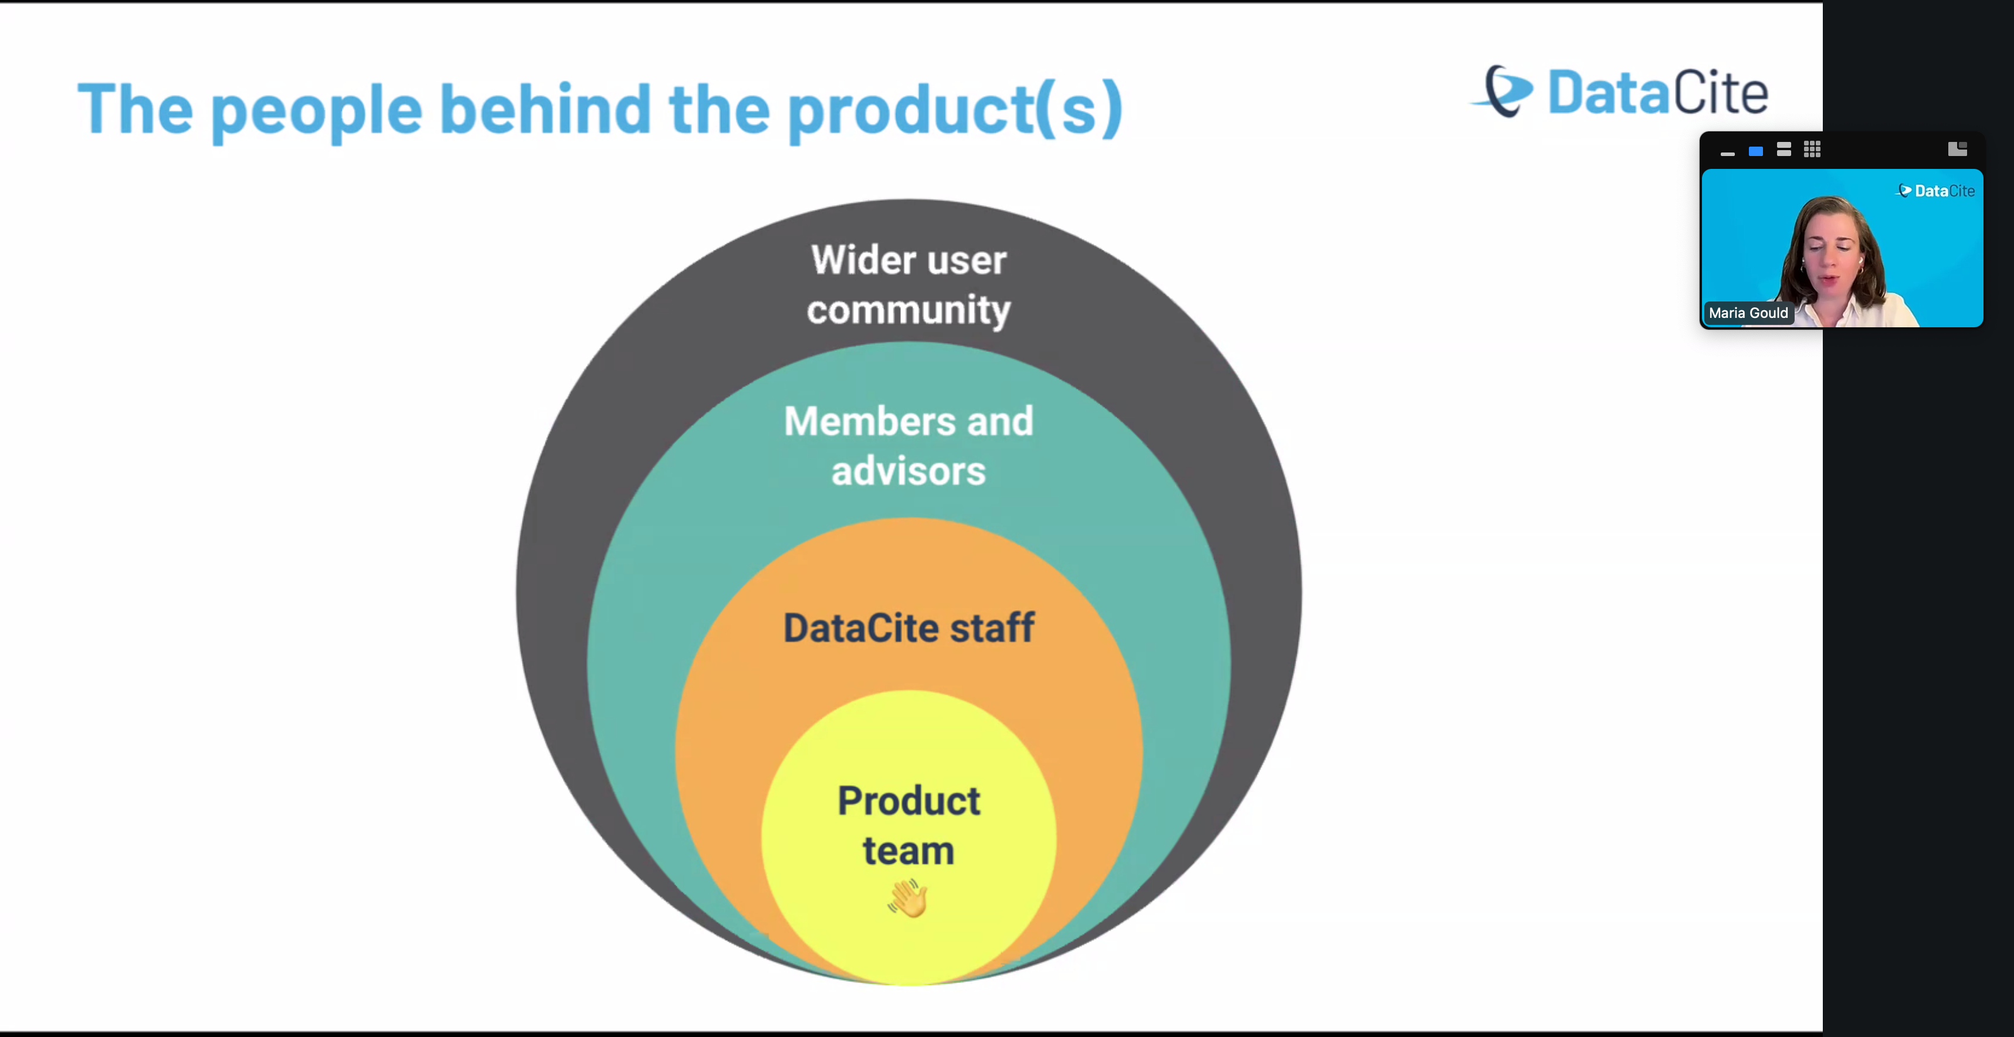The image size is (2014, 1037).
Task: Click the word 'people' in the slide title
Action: coord(316,111)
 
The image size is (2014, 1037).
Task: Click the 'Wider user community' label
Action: coord(908,284)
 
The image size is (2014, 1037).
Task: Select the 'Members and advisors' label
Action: coord(908,446)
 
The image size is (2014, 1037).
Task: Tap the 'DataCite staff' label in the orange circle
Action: coord(908,628)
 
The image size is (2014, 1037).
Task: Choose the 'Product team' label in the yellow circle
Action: coord(908,825)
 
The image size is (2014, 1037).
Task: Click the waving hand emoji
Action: coord(908,898)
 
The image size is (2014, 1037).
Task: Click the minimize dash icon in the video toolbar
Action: coord(1728,152)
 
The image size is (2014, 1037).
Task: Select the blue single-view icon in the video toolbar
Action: coord(1756,151)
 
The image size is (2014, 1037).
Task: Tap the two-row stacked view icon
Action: coord(1784,150)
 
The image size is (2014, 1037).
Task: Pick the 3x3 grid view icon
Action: coord(1812,150)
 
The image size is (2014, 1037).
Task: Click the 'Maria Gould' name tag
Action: coord(1748,313)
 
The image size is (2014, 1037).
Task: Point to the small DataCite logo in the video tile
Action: coord(1936,191)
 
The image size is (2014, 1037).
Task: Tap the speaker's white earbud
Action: coord(1861,260)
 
